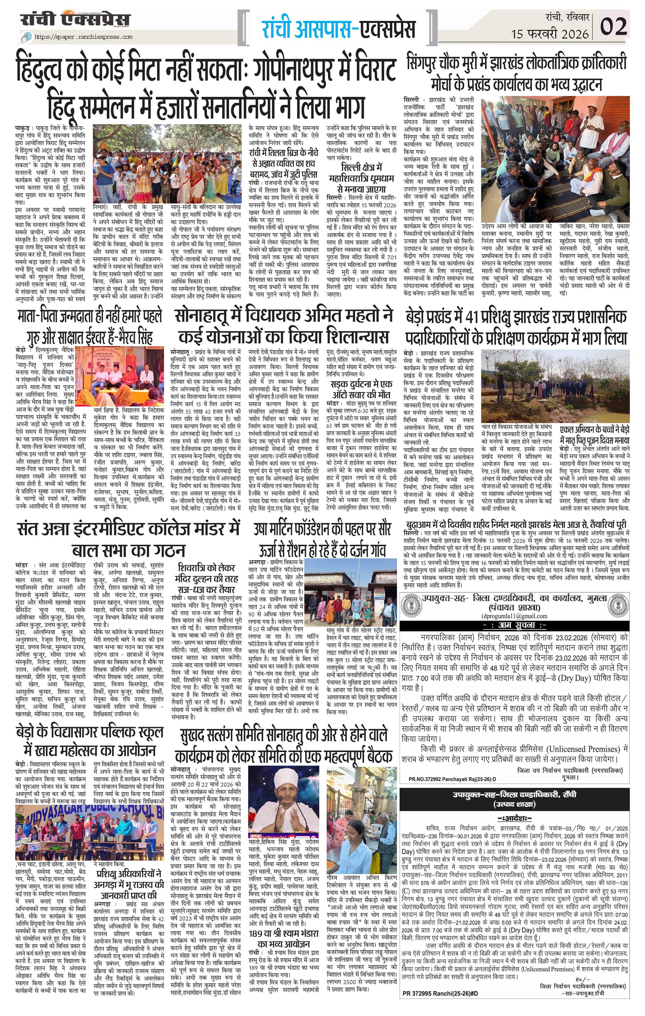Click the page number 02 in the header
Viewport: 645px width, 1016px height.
pyautogui.click(x=614, y=26)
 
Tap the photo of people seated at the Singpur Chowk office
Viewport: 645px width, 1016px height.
pyautogui.click(x=555, y=159)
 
